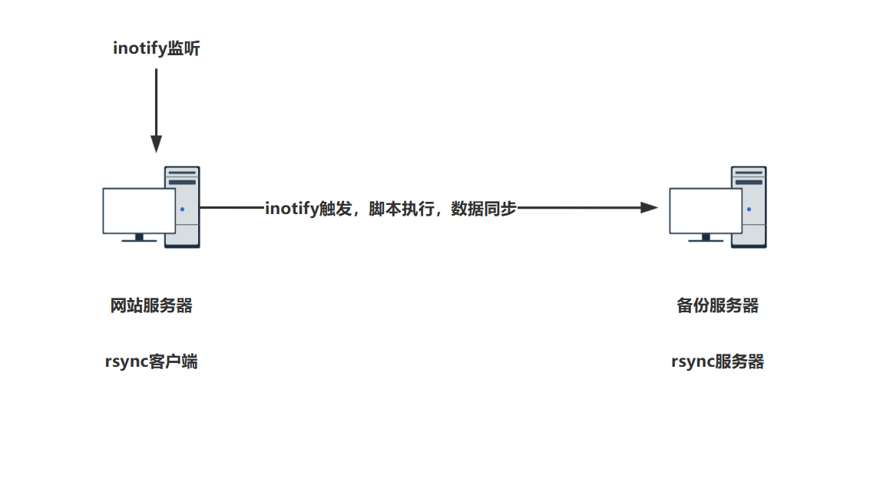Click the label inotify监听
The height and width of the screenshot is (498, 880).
[x=157, y=48]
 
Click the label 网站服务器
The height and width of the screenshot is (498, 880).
[x=151, y=305]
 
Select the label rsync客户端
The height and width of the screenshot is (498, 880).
[x=151, y=361]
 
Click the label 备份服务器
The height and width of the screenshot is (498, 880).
[x=717, y=305]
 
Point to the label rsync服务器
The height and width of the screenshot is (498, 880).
[x=717, y=361]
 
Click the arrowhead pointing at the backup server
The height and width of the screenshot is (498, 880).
[x=650, y=207]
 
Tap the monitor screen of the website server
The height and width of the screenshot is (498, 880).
[x=139, y=210]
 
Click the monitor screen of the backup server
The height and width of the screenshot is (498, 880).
[x=705, y=210]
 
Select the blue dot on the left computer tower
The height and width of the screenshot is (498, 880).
[x=182, y=209]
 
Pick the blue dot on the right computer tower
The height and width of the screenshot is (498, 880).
[x=749, y=209]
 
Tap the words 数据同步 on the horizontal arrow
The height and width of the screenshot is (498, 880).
[x=484, y=208]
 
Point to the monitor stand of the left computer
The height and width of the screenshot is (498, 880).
[x=139, y=238]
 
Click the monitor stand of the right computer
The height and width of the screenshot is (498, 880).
[x=705, y=238]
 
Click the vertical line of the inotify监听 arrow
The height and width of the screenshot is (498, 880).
[x=156, y=100]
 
